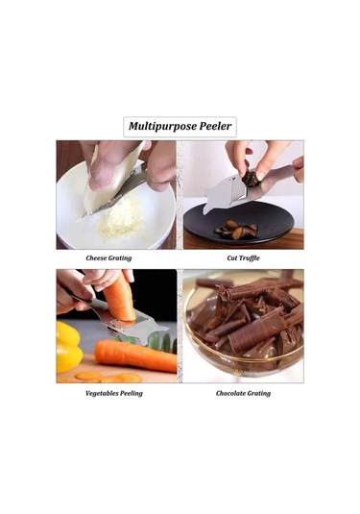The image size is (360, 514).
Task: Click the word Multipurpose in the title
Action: pyautogui.click(x=162, y=127)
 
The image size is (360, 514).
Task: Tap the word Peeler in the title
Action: pyautogui.click(x=216, y=126)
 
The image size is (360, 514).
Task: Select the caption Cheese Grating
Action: pyautogui.click(x=108, y=258)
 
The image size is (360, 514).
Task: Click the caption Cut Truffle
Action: pyautogui.click(x=244, y=258)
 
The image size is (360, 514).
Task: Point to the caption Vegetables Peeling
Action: pyautogui.click(x=114, y=393)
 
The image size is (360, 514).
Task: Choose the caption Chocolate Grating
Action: pyautogui.click(x=243, y=393)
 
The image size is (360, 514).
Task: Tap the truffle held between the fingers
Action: pyautogui.click(x=251, y=180)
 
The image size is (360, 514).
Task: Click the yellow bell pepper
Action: pyautogui.click(x=69, y=347)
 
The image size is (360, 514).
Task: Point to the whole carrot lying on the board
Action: pyautogui.click(x=135, y=355)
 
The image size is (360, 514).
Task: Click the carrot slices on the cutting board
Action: pyautogui.click(x=108, y=378)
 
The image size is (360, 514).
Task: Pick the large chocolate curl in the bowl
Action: pyautogui.click(x=252, y=331)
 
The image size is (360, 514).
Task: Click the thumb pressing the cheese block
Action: pyautogui.click(x=102, y=174)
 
